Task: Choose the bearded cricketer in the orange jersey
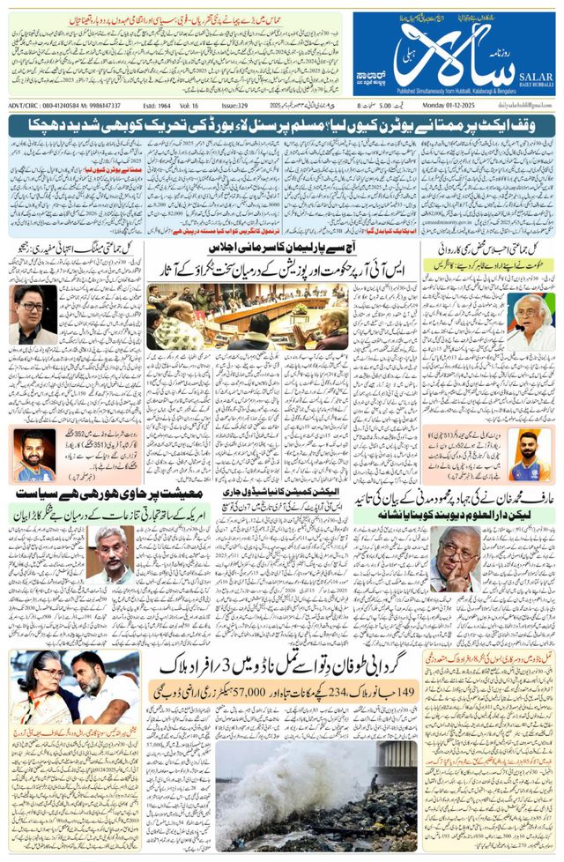(x=33, y=455)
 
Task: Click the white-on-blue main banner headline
(x=282, y=127)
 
